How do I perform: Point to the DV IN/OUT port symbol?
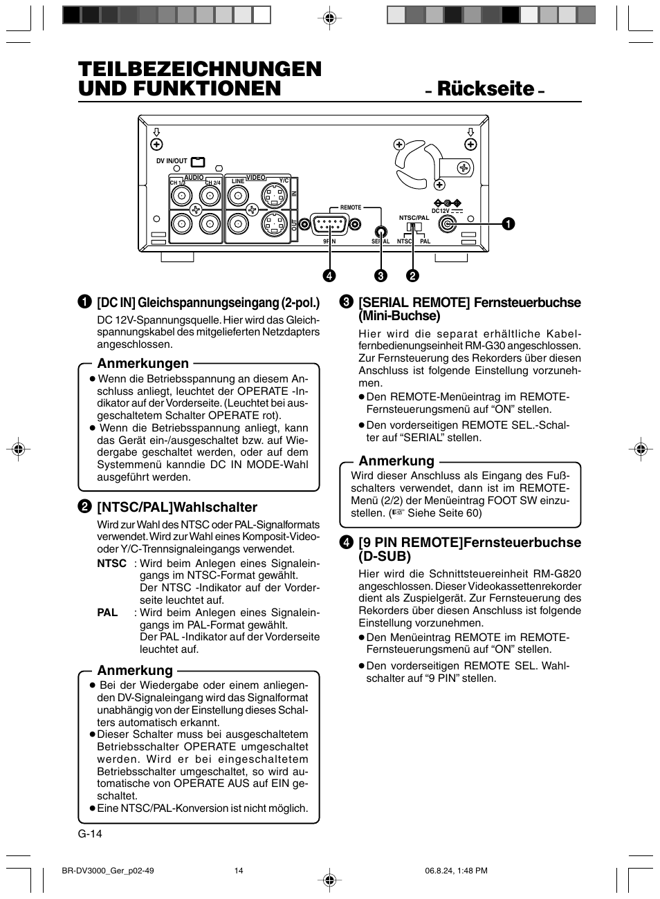(198, 162)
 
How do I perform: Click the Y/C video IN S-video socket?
(275, 196)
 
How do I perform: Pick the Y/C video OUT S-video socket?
(275, 223)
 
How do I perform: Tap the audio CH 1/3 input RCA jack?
(182, 196)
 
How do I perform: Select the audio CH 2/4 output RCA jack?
(209, 223)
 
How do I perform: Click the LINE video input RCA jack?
(239, 196)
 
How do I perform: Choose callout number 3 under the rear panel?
(380, 275)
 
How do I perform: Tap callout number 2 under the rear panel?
(413, 275)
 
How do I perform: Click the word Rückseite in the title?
(486, 89)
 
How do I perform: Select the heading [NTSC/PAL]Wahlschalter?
(177, 507)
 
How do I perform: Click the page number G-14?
(90, 833)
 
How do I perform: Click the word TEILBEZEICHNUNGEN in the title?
(200, 69)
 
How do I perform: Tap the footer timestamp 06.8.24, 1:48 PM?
(456, 871)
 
